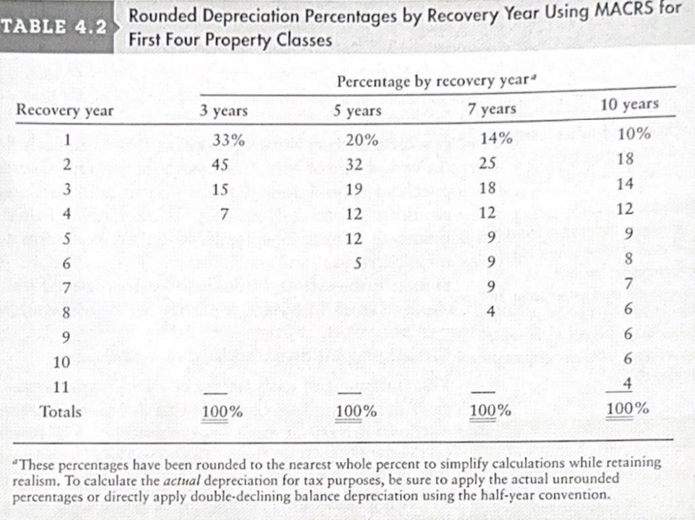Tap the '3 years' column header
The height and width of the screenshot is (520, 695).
coord(224,111)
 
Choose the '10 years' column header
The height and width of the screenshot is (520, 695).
coord(629,104)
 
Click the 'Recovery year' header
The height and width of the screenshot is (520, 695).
coord(66,111)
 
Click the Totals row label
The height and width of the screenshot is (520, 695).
coord(60,411)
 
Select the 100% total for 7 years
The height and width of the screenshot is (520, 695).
coord(491,411)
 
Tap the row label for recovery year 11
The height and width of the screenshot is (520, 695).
coord(61,386)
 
